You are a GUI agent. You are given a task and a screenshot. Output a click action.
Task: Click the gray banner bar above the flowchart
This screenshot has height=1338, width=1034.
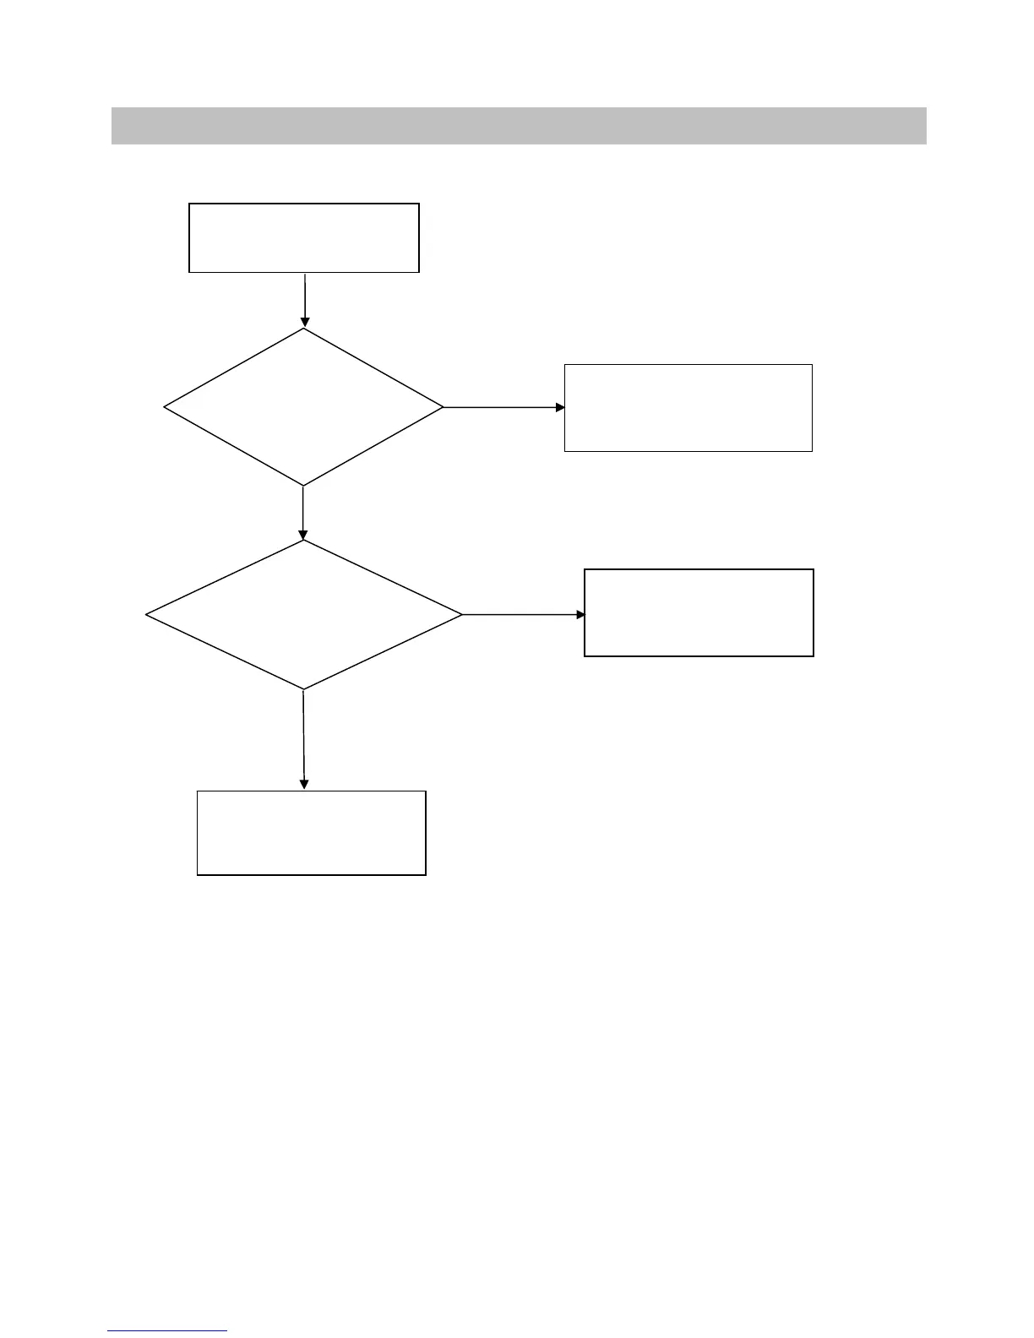[519, 126]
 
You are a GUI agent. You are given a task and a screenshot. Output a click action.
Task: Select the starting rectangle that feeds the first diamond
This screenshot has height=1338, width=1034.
[304, 237]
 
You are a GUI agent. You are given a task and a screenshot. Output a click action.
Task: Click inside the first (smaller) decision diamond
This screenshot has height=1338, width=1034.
[303, 407]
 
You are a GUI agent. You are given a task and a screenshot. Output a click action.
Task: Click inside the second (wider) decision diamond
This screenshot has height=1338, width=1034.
[304, 615]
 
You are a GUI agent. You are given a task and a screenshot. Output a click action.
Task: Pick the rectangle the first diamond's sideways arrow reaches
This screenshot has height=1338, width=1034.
[688, 408]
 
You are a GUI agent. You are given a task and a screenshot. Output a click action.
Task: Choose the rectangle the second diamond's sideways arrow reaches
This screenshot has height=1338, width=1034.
[699, 612]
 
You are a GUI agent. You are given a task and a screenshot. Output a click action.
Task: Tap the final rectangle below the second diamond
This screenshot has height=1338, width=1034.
[311, 833]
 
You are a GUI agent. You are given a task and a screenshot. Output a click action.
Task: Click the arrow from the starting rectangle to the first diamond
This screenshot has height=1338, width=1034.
[304, 299]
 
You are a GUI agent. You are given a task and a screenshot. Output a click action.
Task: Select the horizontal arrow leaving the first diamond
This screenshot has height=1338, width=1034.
[503, 407]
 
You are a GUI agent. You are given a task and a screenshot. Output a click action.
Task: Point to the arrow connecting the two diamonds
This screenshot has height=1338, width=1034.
[302, 512]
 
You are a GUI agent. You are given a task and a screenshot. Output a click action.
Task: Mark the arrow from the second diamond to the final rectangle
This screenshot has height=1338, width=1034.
[303, 739]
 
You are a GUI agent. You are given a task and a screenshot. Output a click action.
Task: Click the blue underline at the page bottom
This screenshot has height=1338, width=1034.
[167, 1331]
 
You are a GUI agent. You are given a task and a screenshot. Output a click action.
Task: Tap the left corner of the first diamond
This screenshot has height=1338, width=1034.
[165, 407]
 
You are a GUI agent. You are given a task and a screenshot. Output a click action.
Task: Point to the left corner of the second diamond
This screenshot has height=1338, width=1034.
[147, 615]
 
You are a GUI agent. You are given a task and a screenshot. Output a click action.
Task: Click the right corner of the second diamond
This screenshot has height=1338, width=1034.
[461, 615]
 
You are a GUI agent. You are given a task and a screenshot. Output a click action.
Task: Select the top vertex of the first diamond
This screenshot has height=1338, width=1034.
[304, 329]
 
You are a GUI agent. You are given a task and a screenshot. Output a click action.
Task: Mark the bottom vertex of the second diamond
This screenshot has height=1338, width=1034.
[303, 689]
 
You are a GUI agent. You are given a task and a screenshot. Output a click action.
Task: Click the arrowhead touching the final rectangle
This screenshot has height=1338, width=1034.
[304, 785]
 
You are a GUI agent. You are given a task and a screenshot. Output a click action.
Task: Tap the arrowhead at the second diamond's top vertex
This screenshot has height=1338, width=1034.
[302, 535]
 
